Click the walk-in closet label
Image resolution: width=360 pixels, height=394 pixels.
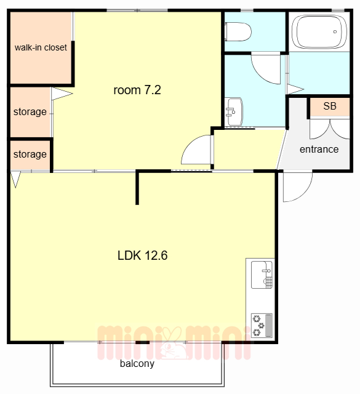pos(41,47)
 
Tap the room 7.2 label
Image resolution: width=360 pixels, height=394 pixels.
pos(137,90)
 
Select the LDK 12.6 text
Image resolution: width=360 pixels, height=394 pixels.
pos(142,255)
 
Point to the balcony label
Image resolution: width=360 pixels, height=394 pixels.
pos(137,364)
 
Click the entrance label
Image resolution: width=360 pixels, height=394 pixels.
pos(319,149)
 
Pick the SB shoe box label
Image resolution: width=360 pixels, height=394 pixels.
pos(330,106)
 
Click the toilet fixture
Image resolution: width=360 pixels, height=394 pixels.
pos(238,32)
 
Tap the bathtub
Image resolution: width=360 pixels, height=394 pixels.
pos(319,32)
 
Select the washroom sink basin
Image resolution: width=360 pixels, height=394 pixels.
pos(234,112)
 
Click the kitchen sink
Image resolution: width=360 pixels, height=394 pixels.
pos(262,275)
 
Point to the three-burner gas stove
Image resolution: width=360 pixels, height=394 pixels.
pos(262,326)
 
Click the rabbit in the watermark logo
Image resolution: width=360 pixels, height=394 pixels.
pos(173,343)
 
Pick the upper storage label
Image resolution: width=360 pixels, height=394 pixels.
pos(30,112)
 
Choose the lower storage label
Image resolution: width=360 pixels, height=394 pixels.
pos(30,155)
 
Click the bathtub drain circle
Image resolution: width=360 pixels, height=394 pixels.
pos(335,31)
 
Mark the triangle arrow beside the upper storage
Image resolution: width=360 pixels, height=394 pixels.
pos(61,94)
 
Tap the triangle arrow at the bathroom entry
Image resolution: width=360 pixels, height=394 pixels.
pos(295,89)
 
